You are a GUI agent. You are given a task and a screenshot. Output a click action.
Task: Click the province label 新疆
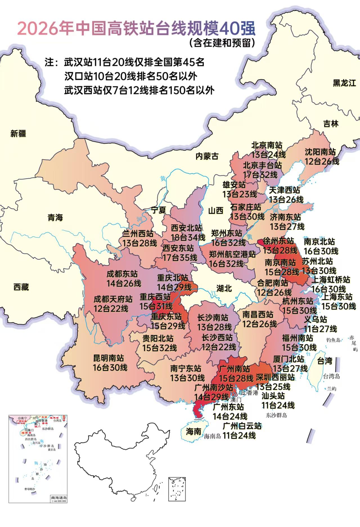pyautogui.click(x=18, y=134)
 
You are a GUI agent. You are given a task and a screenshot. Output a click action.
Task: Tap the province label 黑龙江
pyautogui.click(x=344, y=83)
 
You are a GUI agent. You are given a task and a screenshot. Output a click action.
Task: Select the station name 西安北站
pyautogui.click(x=186, y=228)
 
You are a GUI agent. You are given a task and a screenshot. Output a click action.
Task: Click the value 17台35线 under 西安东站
pyautogui.click(x=180, y=257)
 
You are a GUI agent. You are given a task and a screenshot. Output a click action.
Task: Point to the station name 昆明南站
pyautogui.click(x=109, y=358)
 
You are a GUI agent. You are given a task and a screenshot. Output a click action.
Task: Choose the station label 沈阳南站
pyautogui.click(x=320, y=152)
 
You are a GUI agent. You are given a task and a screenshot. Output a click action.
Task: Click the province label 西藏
pyautogui.click(x=21, y=287)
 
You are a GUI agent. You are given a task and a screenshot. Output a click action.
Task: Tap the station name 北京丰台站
pyautogui.click(x=262, y=165)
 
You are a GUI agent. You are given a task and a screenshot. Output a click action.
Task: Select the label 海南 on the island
pyautogui.click(x=193, y=431)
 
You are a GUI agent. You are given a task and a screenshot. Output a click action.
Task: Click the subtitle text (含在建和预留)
pyautogui.click(x=222, y=43)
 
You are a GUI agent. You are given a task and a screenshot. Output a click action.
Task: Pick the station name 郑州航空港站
pyautogui.click(x=232, y=254)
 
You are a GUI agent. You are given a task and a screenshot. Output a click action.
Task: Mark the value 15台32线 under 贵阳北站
pyautogui.click(x=159, y=348)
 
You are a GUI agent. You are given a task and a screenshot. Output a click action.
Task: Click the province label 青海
pyautogui.click(x=55, y=217)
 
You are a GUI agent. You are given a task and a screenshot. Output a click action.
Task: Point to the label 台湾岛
pyautogui.click(x=331, y=376)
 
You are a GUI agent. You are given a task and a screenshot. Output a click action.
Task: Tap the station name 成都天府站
pyautogui.click(x=113, y=299)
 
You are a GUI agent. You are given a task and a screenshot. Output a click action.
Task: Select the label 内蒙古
pyautogui.click(x=207, y=156)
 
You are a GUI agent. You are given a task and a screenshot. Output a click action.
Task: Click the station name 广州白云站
pyautogui.click(x=242, y=426)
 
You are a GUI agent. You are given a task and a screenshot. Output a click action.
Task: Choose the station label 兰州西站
pyautogui.click(x=138, y=233)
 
